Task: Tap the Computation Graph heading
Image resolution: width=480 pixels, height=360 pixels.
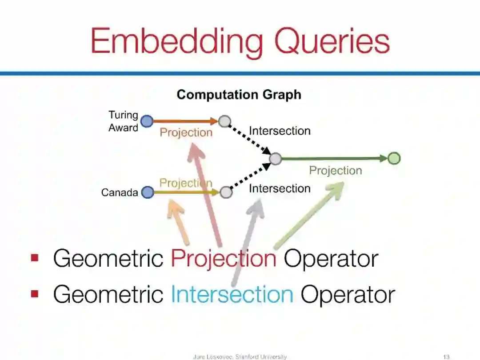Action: (x=239, y=95)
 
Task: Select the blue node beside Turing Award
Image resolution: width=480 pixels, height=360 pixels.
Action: (x=147, y=121)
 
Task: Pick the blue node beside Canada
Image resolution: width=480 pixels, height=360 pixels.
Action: (x=148, y=192)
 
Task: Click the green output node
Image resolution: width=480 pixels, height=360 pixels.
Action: (x=394, y=158)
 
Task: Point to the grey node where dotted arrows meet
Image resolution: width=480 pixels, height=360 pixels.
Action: (x=276, y=159)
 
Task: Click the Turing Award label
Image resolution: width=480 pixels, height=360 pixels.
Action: (x=123, y=121)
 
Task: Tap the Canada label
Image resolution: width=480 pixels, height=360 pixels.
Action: (x=120, y=193)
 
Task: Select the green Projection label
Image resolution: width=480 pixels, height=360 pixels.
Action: (x=336, y=171)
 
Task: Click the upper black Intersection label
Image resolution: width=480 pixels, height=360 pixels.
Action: (x=280, y=131)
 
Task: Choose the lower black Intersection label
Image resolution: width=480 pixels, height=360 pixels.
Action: (x=280, y=188)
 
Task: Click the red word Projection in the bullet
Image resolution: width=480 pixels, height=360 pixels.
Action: (x=224, y=259)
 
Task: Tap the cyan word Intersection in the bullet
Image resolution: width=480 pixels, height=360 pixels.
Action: (x=232, y=294)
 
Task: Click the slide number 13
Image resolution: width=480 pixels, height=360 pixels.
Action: (x=447, y=356)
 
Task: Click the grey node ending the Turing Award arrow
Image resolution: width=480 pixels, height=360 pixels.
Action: (x=224, y=121)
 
